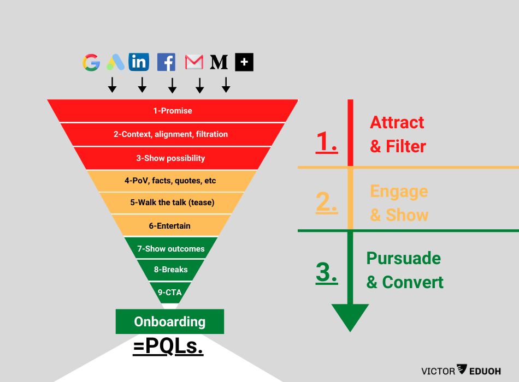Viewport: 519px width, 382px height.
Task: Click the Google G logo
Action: (91, 63)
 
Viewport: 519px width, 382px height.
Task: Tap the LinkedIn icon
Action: (139, 62)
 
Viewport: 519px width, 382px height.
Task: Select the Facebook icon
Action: (166, 62)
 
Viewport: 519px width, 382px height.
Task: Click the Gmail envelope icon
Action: (194, 62)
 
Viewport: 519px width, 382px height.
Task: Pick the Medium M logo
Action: (219, 62)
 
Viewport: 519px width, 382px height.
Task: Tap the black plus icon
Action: (244, 62)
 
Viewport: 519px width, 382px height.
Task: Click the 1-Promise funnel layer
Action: (173, 111)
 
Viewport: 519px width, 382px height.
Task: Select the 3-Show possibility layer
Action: (170, 158)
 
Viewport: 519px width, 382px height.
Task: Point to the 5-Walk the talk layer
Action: (172, 202)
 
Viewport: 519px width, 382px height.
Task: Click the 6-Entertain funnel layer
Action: (170, 225)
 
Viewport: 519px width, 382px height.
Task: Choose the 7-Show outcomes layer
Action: (170, 249)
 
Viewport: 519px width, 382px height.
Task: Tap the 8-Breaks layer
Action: (170, 270)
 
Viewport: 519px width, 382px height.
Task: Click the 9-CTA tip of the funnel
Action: (170, 292)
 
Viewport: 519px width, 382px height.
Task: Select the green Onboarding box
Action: (170, 321)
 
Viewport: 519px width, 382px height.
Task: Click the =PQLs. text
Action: (168, 347)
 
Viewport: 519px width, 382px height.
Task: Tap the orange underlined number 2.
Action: (327, 202)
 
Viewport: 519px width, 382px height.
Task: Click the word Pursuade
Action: (404, 258)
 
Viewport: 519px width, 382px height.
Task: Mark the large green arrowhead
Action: (350, 317)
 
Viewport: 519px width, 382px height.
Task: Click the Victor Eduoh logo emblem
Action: (462, 370)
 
